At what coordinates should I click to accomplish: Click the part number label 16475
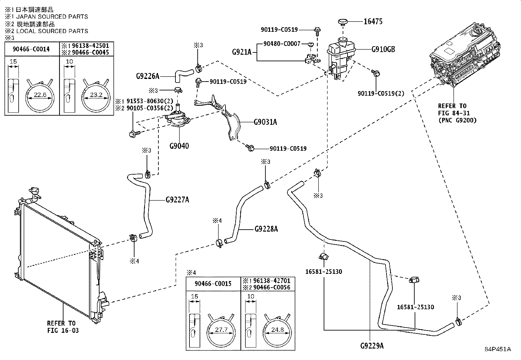pos(373,21)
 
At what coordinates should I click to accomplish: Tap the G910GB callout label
pos(383,49)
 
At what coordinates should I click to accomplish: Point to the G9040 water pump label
pos(179,146)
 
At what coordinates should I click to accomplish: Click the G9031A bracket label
pos(265,122)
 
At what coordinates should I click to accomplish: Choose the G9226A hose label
pos(148,76)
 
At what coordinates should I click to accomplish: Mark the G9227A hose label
pos(177,200)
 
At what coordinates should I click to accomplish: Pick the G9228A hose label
pos(266,229)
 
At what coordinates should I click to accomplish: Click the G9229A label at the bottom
pos(372,346)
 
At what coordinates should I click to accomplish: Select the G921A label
pos(242,52)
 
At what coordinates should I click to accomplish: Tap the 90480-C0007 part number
pos(282,44)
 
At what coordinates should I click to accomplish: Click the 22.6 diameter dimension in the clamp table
pos(40,95)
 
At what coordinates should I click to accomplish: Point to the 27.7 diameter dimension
pos(221,330)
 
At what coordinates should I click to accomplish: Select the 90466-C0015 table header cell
pos(213,284)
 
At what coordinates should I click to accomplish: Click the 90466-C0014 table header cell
pos(31,49)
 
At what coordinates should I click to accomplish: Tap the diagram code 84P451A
pos(498,349)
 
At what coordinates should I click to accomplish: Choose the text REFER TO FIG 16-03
pos(63,327)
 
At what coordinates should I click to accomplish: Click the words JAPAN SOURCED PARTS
pos(52,16)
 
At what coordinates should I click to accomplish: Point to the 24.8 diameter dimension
pos(278,330)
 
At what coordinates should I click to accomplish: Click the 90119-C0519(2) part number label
pos(381,93)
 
